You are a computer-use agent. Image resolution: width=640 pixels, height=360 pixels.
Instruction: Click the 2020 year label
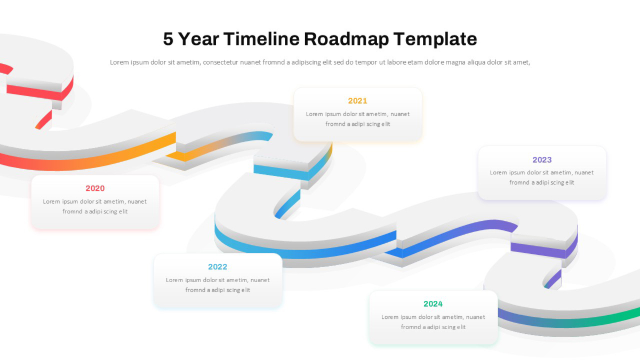pos(95,188)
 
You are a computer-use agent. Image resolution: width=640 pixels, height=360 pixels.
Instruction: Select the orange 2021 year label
pos(357,101)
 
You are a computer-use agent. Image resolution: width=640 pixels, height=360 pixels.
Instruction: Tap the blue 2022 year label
pos(218,267)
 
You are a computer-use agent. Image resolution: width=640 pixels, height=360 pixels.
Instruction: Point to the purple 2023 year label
pos(542,159)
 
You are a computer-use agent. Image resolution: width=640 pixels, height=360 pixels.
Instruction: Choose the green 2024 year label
pos(433,303)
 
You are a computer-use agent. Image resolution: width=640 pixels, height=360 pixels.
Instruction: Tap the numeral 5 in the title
pos(168,39)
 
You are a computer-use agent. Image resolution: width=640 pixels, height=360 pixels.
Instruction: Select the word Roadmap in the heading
pos(346,39)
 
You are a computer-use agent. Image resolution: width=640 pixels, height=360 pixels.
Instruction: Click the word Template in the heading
pos(435,39)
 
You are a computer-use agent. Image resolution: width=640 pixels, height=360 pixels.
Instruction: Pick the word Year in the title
pos(198,39)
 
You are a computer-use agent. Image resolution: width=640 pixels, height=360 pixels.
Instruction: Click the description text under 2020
pos(95,206)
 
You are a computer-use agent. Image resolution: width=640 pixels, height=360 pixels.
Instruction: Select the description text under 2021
pos(358,119)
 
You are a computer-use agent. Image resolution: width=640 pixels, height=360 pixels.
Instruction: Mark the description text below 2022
pos(218,285)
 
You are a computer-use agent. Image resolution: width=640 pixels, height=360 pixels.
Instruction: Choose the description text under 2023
pos(542,178)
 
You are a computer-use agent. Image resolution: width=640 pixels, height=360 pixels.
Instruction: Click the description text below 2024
pos(433,322)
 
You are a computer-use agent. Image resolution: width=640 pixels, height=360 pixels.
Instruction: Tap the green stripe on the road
pos(614,318)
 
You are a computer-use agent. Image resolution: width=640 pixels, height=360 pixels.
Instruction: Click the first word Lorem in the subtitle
pos(119,62)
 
